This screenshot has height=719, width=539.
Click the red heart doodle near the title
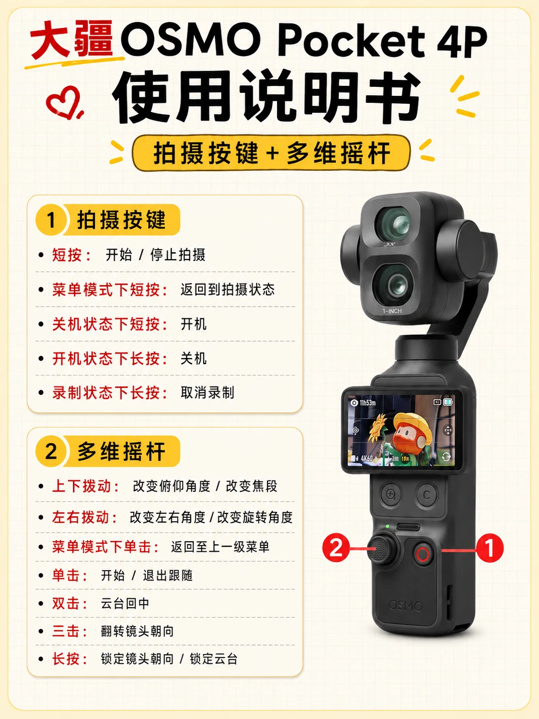pos(64,102)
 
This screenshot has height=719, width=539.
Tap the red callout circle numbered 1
pos(490,548)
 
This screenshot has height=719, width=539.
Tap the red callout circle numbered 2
pos(336,548)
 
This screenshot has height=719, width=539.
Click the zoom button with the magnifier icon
pos(391,495)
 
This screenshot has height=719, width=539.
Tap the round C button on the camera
pos(427,495)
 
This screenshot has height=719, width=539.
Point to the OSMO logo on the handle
pos(406,606)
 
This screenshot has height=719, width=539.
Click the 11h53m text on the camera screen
pos(367,402)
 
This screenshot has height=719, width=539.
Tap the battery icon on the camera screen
pos(448,402)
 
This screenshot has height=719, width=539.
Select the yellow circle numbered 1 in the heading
pos(51,220)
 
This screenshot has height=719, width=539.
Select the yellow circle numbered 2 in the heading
pos(51,451)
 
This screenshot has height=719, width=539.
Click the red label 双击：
pos(70,603)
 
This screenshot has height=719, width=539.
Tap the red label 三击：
pos(70,631)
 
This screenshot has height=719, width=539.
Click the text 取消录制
pos(208,392)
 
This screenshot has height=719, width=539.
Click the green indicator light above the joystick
pos(387,526)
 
